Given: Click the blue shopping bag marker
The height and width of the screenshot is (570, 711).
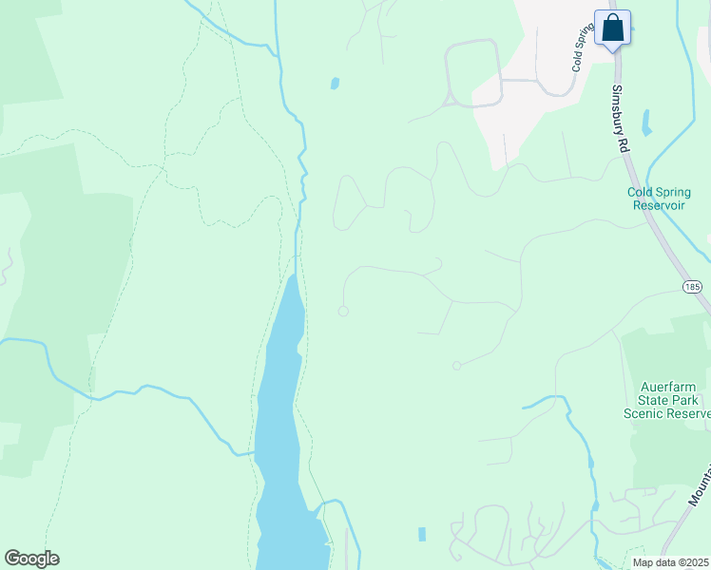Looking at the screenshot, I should pos(613,28).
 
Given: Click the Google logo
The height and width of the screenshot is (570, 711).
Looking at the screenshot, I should pos(31,559).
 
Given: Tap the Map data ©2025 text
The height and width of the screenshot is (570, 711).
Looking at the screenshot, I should pos(670,562).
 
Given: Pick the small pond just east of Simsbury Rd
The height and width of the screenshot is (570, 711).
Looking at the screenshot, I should pos(646,123).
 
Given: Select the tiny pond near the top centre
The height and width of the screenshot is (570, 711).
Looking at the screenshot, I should pos(335,84).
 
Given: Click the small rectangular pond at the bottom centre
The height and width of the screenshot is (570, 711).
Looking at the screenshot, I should pos(421,535).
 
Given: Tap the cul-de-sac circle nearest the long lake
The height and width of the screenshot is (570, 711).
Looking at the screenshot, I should pos(343,311).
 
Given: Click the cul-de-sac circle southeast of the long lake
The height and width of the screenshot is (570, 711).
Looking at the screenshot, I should pos(456,366).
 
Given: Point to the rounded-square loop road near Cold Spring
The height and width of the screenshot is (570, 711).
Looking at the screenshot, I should pos(473,72).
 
